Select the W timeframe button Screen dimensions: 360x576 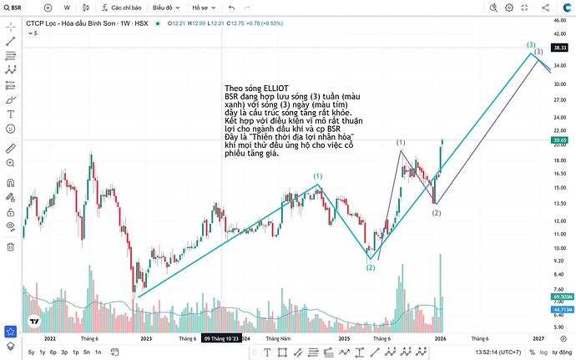[x=67, y=7]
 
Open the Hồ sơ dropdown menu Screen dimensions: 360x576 [x=203, y=7]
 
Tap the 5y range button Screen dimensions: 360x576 [x=31, y=352]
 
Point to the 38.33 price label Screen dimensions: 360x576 [x=559, y=48]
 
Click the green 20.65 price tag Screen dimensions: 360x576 [x=559, y=140]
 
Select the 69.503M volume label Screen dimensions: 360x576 [x=561, y=297]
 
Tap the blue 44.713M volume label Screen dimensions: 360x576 [x=561, y=309]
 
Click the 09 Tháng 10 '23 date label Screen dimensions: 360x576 [x=221, y=338]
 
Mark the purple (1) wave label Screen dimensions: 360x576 [x=401, y=144]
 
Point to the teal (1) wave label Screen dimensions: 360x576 [x=318, y=176]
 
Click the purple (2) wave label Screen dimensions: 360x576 [x=436, y=213]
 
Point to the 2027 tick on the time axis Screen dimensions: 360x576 [x=538, y=338]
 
